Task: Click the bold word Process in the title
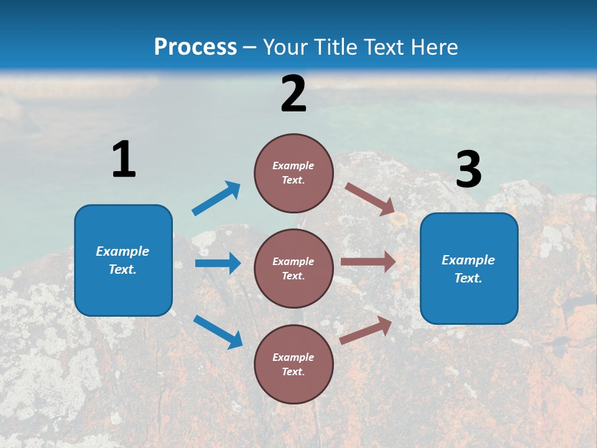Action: point(195,47)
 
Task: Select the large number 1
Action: point(124,160)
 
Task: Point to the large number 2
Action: point(294,94)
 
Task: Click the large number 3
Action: point(468,170)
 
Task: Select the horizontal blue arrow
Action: point(218,263)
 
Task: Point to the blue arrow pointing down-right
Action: point(218,331)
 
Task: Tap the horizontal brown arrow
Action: point(368,262)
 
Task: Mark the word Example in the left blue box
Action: point(123,251)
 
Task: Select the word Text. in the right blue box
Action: point(468,278)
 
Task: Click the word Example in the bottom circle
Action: point(294,357)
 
